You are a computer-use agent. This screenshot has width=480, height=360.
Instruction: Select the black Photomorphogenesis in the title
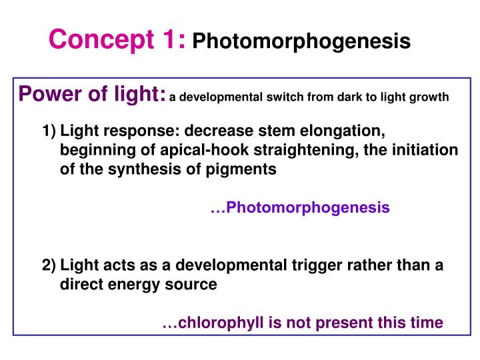[x=301, y=42]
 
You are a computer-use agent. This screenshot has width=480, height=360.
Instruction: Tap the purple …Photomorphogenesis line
[x=300, y=208]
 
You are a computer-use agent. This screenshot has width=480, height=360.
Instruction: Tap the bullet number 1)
[x=49, y=131]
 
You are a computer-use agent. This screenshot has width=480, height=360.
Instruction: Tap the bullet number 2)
[x=49, y=265]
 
